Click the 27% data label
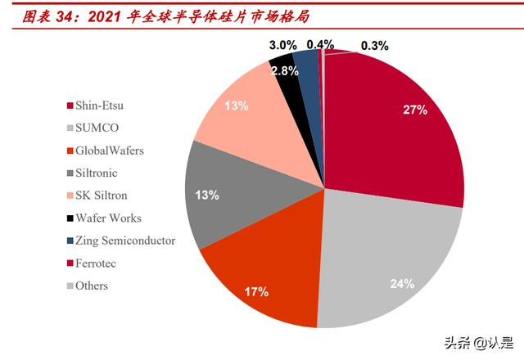coord(414,109)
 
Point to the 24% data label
coord(401,285)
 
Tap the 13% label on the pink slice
coord(236,106)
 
